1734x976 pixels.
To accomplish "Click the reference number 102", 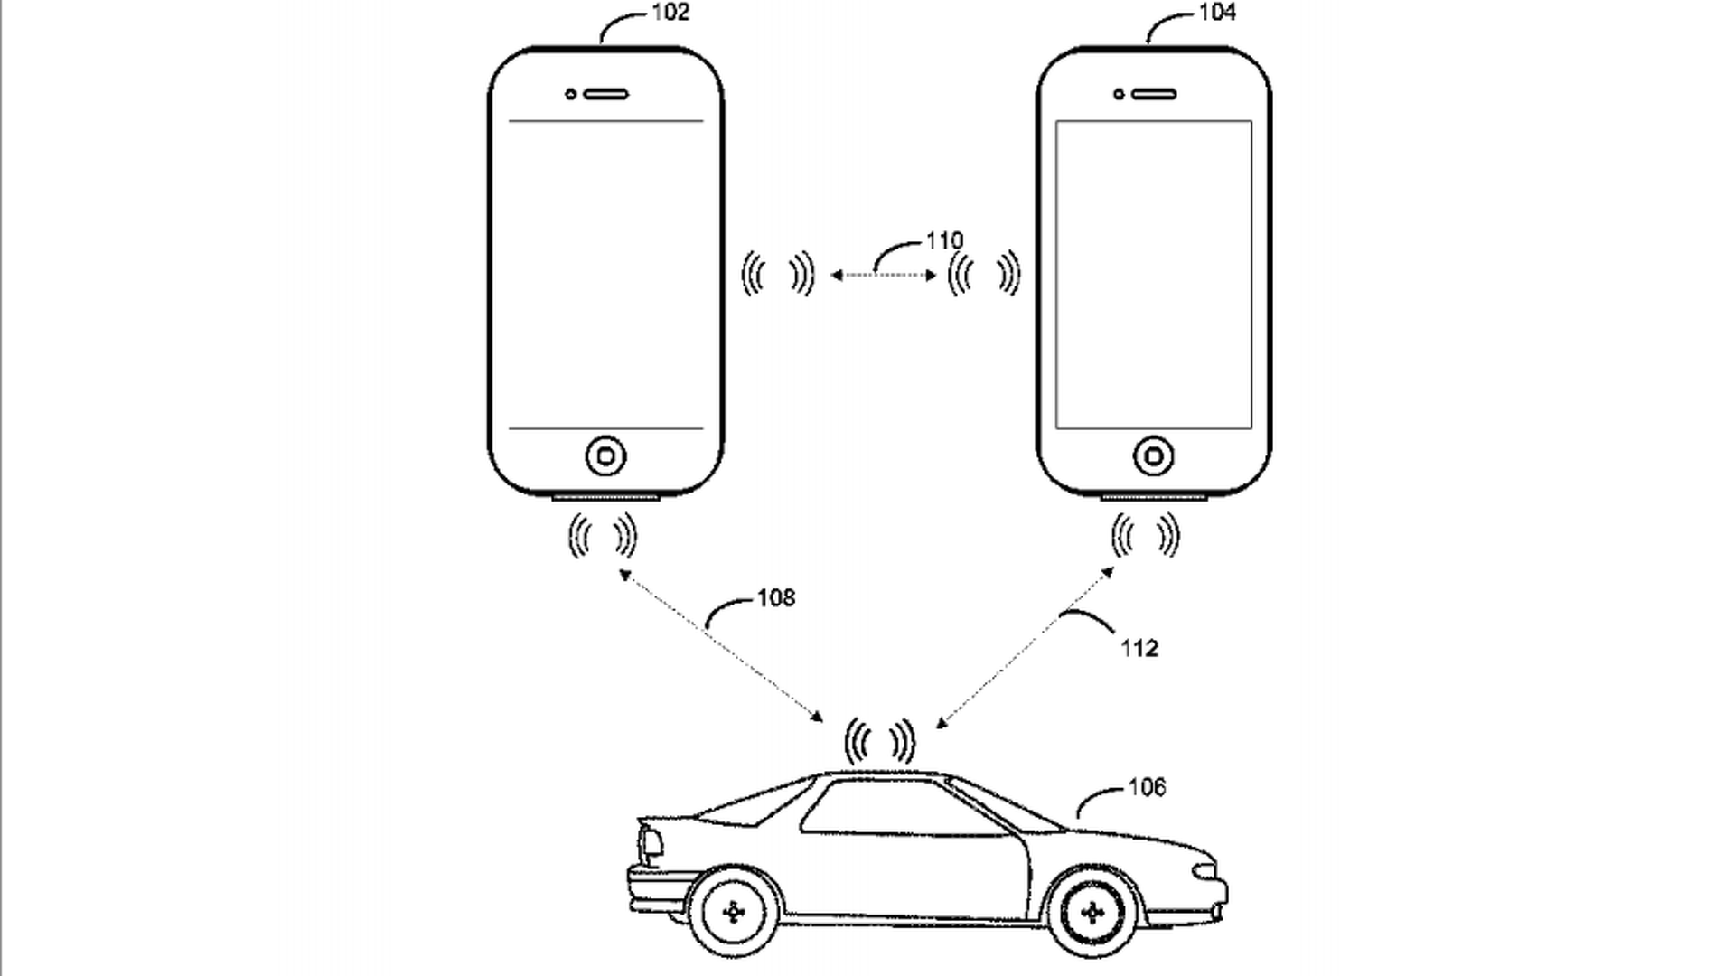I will pyautogui.click(x=670, y=13).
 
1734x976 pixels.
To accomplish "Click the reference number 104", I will pyautogui.click(x=1217, y=13).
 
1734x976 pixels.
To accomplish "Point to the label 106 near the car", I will pyautogui.click(x=1147, y=787).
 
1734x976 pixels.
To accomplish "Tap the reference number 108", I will pyautogui.click(x=776, y=597).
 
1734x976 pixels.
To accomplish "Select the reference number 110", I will pyautogui.click(x=944, y=241).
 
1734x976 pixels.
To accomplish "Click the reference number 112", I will pyautogui.click(x=1139, y=648).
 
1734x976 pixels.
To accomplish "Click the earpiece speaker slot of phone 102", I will pyautogui.click(x=606, y=94).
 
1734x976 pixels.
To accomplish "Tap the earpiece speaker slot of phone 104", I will pyautogui.click(x=1154, y=94).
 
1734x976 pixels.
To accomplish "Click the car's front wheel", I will pyautogui.click(x=1092, y=914).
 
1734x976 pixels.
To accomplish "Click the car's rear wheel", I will pyautogui.click(x=734, y=914).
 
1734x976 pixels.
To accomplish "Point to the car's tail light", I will pyautogui.click(x=651, y=844).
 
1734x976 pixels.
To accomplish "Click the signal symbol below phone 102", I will pyautogui.click(x=603, y=537).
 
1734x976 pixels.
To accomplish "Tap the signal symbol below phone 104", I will pyautogui.click(x=1145, y=537).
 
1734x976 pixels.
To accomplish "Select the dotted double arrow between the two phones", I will pyautogui.click(x=883, y=276).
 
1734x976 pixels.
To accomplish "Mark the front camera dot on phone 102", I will pyautogui.click(x=570, y=94).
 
